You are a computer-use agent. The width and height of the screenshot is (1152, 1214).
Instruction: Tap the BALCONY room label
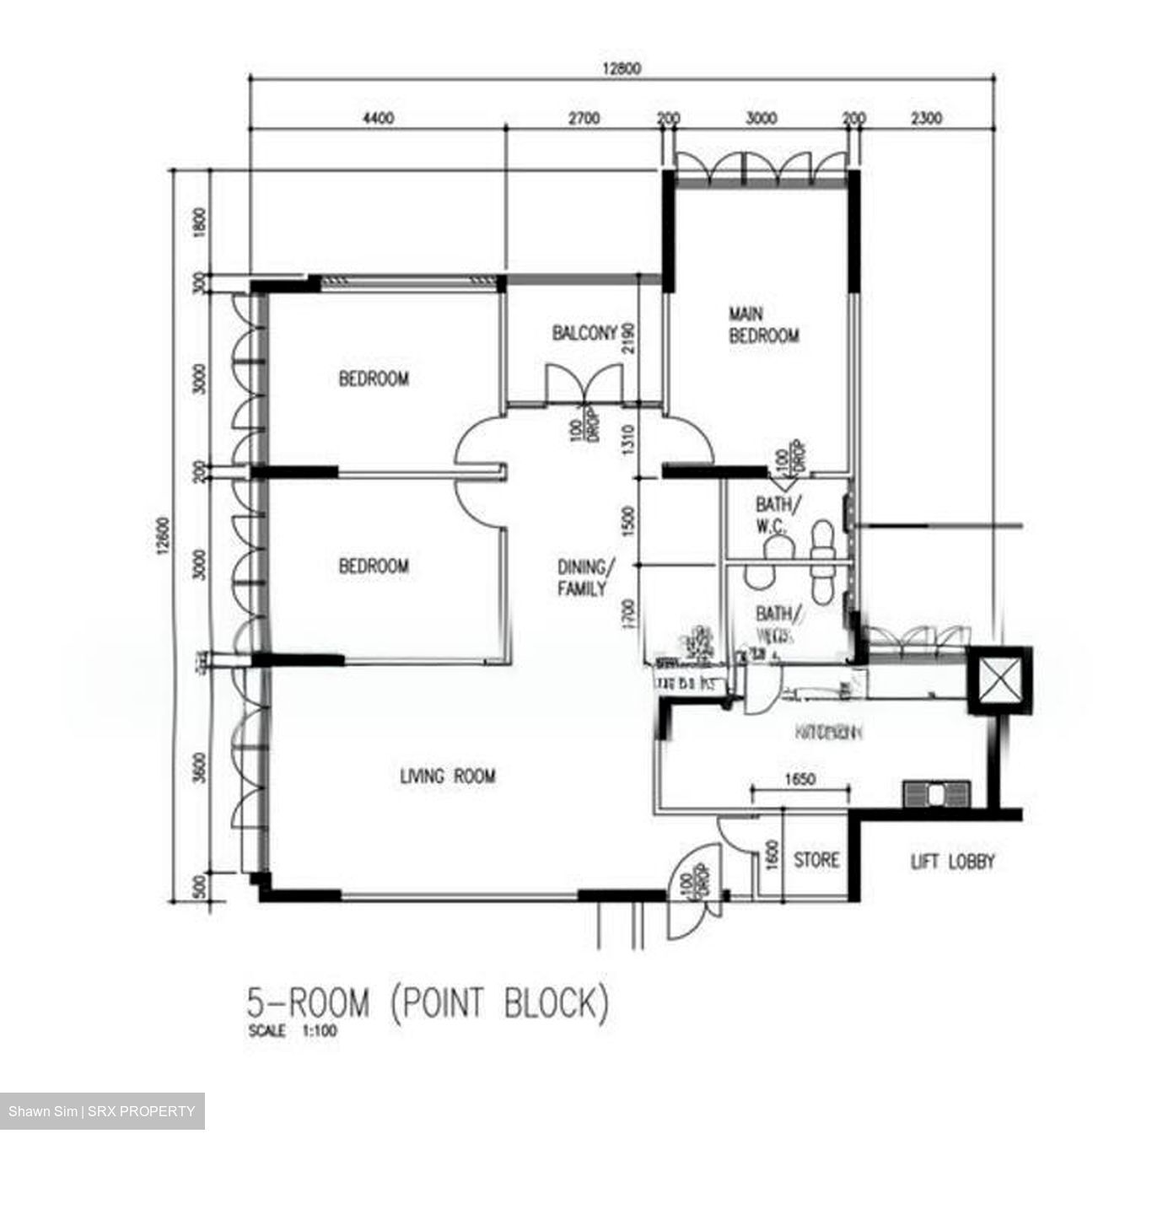pyautogui.click(x=584, y=333)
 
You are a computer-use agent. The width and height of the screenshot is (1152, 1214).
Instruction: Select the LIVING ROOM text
pyautogui.click(x=447, y=776)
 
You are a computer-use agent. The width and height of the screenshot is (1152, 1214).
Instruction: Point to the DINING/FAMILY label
pyautogui.click(x=582, y=577)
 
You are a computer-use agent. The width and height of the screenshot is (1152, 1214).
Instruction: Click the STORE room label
pyautogui.click(x=816, y=860)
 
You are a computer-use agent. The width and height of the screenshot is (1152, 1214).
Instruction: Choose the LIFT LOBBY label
pyautogui.click(x=953, y=862)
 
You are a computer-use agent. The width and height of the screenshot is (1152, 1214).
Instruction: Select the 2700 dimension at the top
pyautogui.click(x=583, y=119)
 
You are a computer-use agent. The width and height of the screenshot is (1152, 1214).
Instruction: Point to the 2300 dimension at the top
pyautogui.click(x=926, y=119)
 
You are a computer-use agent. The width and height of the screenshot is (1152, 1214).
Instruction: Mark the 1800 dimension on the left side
pyautogui.click(x=200, y=223)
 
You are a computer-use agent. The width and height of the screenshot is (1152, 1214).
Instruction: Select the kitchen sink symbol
pyautogui.click(x=936, y=794)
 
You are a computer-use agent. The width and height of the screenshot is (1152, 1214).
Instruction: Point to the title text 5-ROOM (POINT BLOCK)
pyautogui.click(x=427, y=1003)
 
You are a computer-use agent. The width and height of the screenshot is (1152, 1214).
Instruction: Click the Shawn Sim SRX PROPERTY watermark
pyautogui.click(x=101, y=1111)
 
